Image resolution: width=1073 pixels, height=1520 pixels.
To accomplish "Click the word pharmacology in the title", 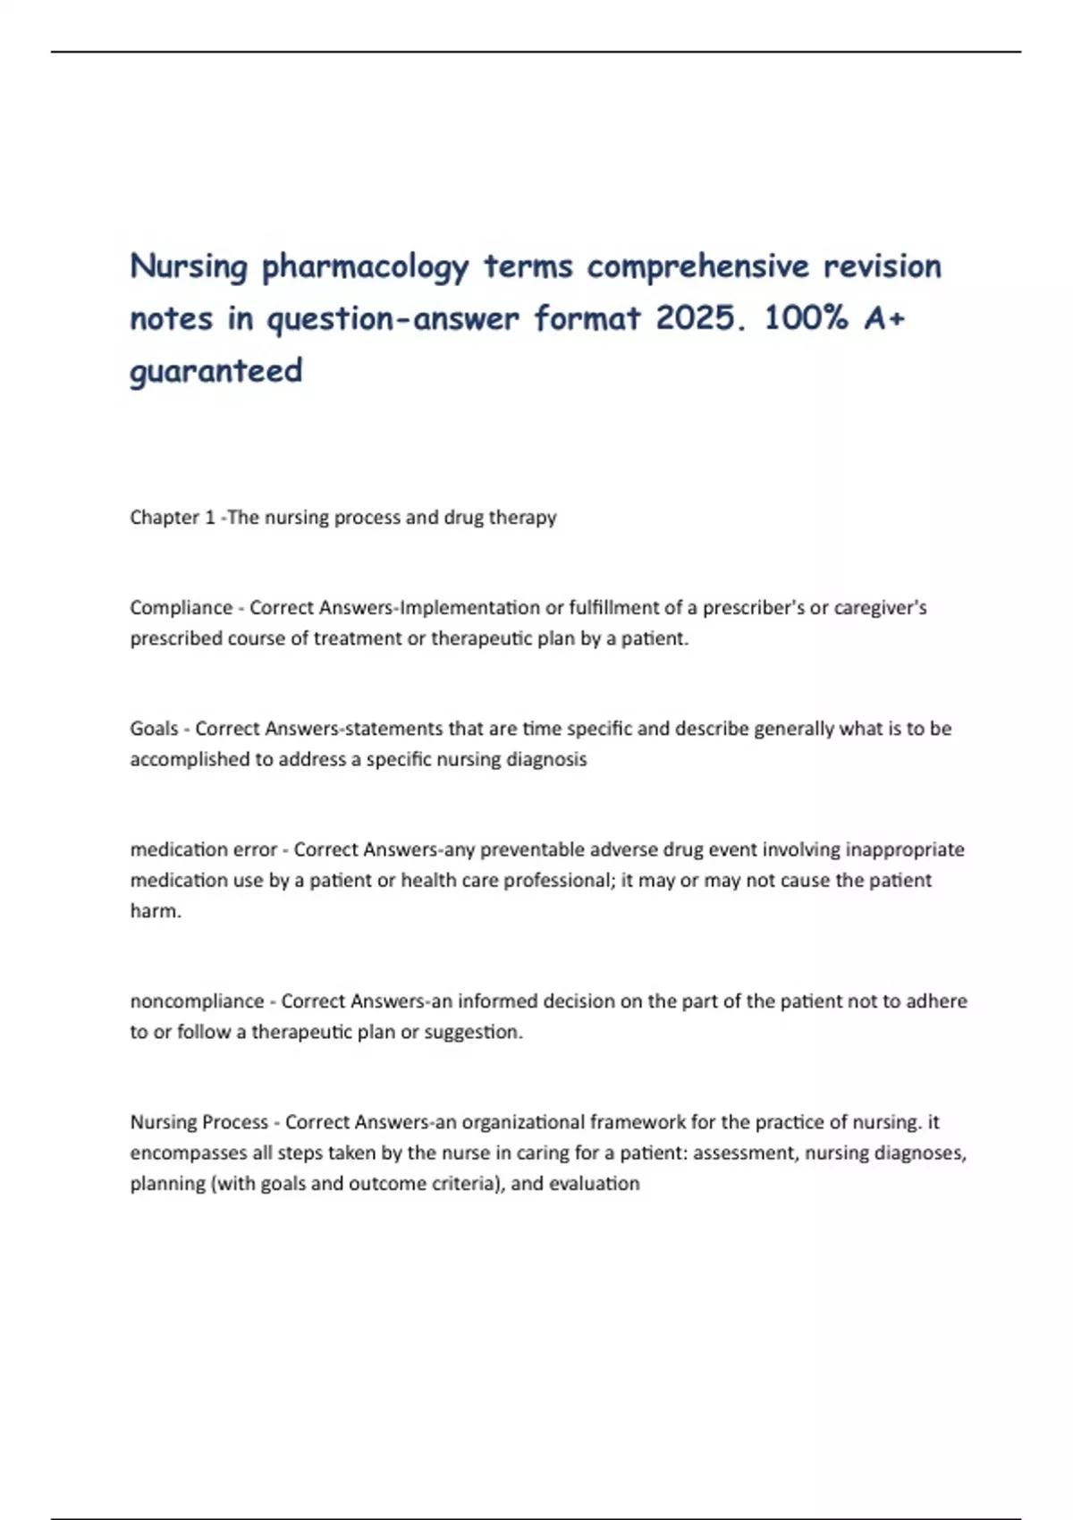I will [365, 266].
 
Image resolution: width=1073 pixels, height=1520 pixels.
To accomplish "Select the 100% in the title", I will [806, 318].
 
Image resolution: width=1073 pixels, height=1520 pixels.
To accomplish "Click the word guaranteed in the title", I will [216, 370].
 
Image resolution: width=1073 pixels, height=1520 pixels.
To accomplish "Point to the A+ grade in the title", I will [885, 318].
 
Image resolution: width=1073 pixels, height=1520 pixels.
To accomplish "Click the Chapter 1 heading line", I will [343, 517].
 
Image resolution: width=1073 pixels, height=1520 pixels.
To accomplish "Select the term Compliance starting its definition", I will [182, 608].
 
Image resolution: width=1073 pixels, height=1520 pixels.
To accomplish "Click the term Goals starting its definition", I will [154, 729].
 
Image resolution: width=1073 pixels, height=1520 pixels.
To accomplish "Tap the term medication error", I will [204, 849].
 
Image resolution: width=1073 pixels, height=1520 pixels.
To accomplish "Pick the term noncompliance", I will [197, 1001].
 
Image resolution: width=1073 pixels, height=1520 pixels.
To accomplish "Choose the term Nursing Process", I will [199, 1122].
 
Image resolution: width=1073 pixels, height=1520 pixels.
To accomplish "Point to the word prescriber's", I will [753, 608].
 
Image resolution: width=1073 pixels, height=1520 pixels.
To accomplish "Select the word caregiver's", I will [880, 608].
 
